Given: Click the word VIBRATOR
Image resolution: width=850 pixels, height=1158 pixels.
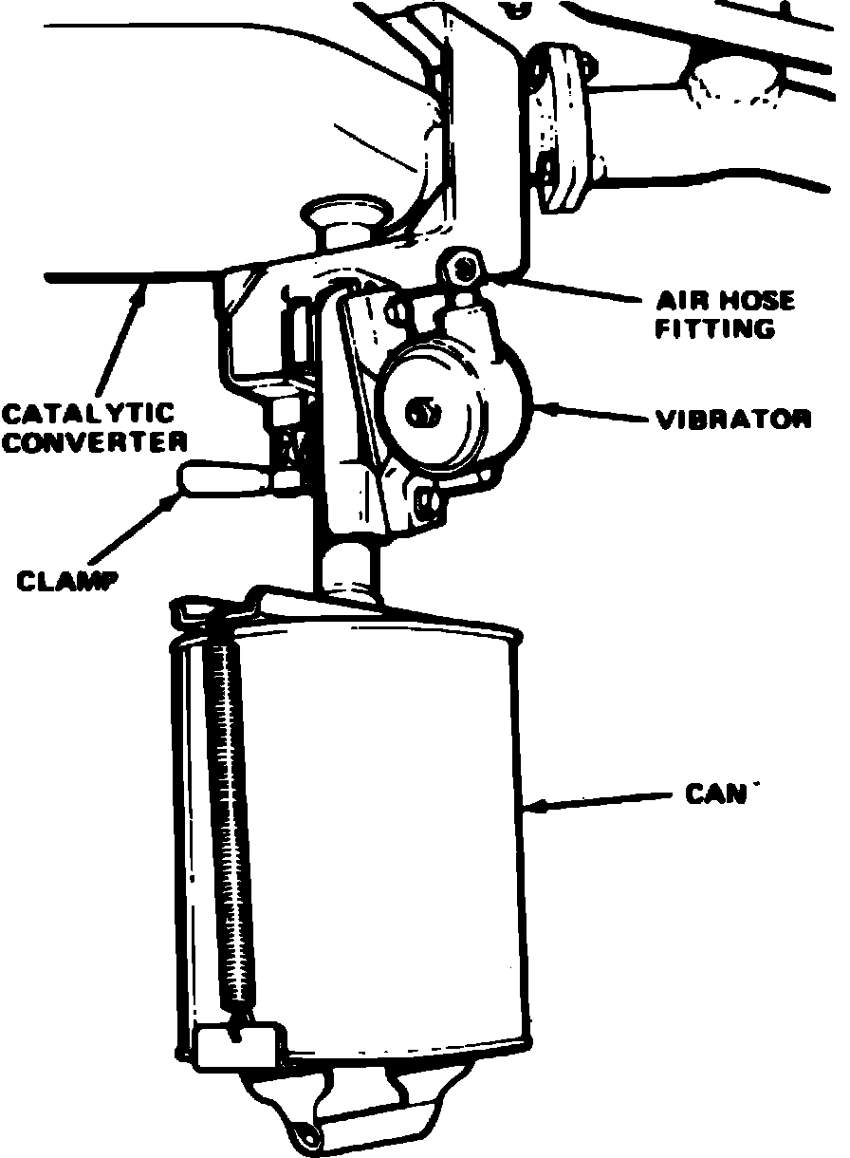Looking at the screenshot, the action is coord(733,419).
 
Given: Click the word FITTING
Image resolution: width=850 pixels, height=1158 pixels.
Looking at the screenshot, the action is coord(715,329).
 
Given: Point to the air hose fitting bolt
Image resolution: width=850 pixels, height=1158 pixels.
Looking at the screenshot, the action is coord(464,268).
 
